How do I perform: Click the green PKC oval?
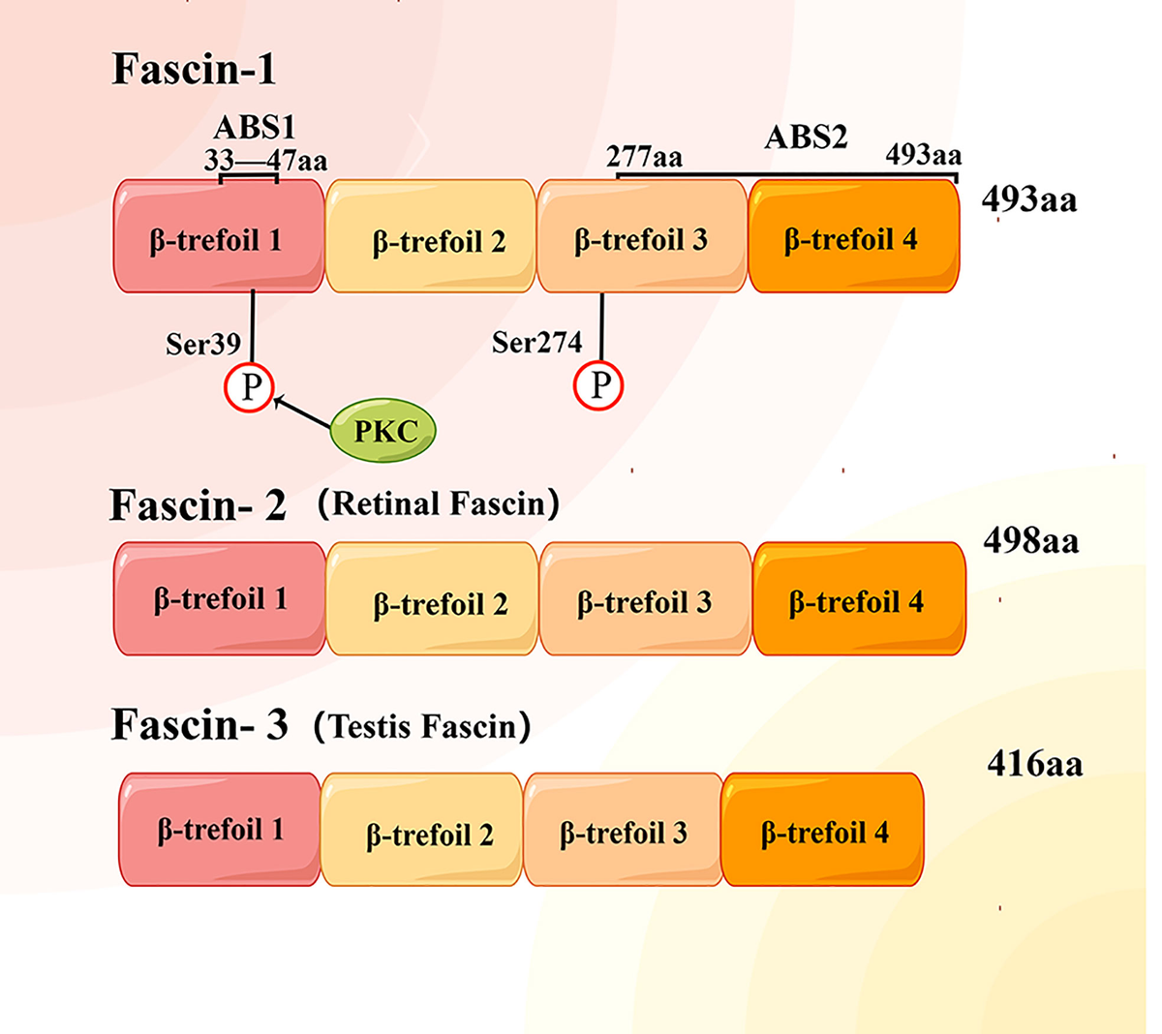pyautogui.click(x=383, y=430)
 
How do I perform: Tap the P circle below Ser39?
pyautogui.click(x=250, y=387)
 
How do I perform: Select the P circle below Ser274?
pyautogui.click(x=599, y=385)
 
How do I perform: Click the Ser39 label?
pyautogui.click(x=202, y=345)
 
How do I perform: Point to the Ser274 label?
pyautogui.click(x=536, y=343)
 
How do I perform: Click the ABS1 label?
pyautogui.click(x=254, y=128)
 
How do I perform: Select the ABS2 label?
pyautogui.click(x=806, y=137)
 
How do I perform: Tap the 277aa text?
pyautogui.click(x=644, y=157)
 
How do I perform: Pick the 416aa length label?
pyautogui.click(x=1034, y=765)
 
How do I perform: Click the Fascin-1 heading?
pyautogui.click(x=194, y=70)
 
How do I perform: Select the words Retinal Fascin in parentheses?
pyautogui.click(x=439, y=503)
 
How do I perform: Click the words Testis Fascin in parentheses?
pyautogui.click(x=422, y=726)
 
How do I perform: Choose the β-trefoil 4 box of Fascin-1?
pyautogui.click(x=853, y=236)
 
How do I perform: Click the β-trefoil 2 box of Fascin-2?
pyautogui.click(x=432, y=599)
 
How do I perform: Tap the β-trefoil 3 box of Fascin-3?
pyautogui.click(x=623, y=830)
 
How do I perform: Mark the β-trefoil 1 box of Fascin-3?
pyautogui.click(x=220, y=830)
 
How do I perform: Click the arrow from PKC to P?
pyautogui.click(x=302, y=411)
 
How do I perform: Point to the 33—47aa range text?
pyautogui.click(x=264, y=161)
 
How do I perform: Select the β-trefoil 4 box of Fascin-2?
pyautogui.click(x=859, y=599)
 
